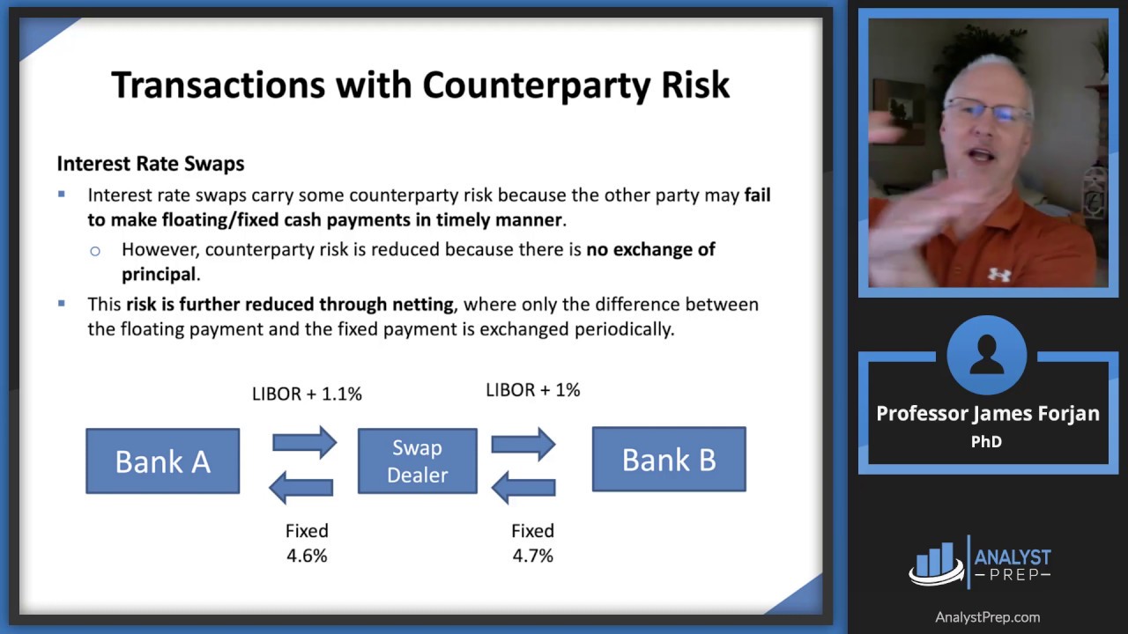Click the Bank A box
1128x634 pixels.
point(163,461)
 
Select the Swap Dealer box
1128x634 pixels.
point(418,461)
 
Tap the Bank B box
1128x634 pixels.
point(669,459)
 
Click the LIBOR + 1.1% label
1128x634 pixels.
point(307,394)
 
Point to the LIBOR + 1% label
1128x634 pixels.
point(533,390)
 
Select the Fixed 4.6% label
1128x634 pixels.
point(307,543)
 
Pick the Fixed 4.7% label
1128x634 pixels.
point(533,543)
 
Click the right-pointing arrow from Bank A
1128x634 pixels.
point(305,443)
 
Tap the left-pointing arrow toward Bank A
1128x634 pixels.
point(301,487)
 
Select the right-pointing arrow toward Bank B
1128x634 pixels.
point(523,444)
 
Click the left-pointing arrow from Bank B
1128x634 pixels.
point(523,487)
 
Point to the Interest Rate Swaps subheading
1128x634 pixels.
point(151,164)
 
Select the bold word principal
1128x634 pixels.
point(158,274)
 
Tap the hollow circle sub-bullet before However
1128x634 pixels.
point(94,251)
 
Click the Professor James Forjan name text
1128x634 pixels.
point(988,414)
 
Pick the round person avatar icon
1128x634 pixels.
point(987,355)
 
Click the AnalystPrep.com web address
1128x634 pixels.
point(988,617)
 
